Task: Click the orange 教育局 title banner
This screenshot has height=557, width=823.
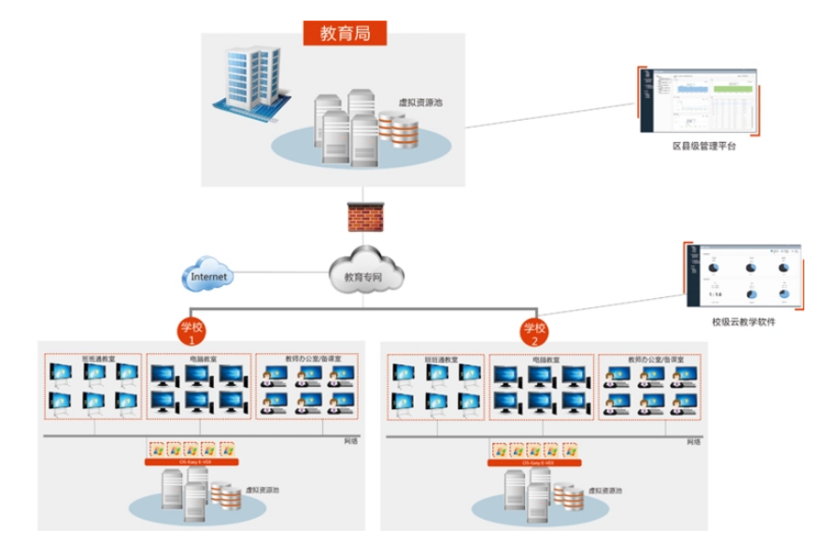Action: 345,33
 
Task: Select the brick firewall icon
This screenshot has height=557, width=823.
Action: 364,218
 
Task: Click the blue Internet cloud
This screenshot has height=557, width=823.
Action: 207,277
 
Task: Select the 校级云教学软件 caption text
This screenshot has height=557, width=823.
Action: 743,321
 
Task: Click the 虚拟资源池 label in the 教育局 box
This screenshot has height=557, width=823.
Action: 419,103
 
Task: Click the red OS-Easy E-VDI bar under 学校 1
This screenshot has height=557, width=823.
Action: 192,462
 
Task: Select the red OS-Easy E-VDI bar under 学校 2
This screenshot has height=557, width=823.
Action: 534,462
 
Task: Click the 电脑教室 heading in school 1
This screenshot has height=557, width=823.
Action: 202,359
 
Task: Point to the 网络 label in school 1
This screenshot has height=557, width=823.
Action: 350,441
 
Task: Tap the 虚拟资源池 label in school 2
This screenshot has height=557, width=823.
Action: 603,490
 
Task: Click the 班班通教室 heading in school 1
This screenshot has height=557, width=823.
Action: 95,359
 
